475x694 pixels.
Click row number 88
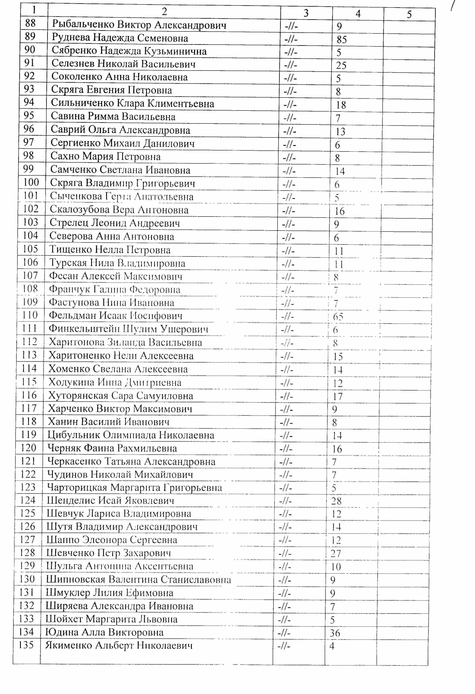(30, 23)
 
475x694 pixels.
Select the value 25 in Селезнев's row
(341, 66)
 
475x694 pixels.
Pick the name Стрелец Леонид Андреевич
(115, 223)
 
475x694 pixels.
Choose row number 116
(29, 395)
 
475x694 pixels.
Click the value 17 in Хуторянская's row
(338, 397)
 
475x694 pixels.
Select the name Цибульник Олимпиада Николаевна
(131, 435)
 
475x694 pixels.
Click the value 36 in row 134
(335, 633)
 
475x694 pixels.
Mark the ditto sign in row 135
(284, 646)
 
